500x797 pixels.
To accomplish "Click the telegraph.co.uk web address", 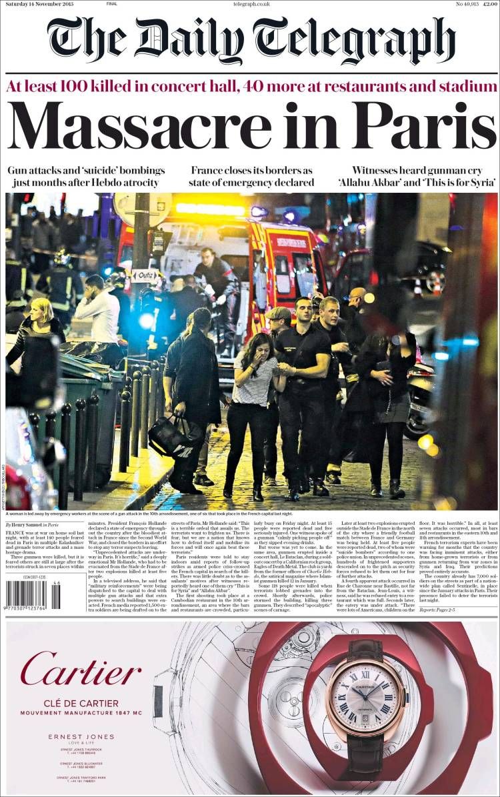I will tap(251, 5).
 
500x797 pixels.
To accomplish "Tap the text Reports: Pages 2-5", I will tap(437, 610).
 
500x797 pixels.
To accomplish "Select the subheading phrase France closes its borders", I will tap(251, 170).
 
